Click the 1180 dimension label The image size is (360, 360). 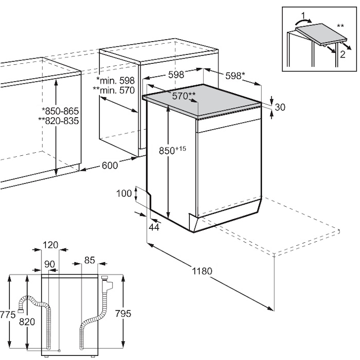[x=202, y=271]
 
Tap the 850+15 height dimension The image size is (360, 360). [x=172, y=150]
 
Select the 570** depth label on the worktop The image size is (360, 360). [x=184, y=96]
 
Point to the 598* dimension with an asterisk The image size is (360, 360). [x=236, y=76]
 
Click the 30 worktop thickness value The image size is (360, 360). [x=280, y=107]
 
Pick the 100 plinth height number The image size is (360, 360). [x=124, y=193]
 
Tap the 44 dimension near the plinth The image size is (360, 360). [x=154, y=227]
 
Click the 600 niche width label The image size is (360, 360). [x=110, y=165]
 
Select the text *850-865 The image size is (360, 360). [x=60, y=111]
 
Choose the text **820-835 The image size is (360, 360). [x=59, y=120]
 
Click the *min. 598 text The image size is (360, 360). [x=115, y=81]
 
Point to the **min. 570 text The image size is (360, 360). [x=114, y=90]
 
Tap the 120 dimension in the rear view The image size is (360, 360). [x=50, y=245]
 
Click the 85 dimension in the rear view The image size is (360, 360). [x=89, y=260]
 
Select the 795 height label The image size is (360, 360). [x=123, y=314]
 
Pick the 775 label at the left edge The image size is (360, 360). [x=8, y=315]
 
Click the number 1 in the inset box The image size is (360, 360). [x=303, y=16]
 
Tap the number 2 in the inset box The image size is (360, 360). [x=343, y=55]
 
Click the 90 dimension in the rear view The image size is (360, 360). [x=49, y=264]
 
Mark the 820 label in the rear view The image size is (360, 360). [x=27, y=322]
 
